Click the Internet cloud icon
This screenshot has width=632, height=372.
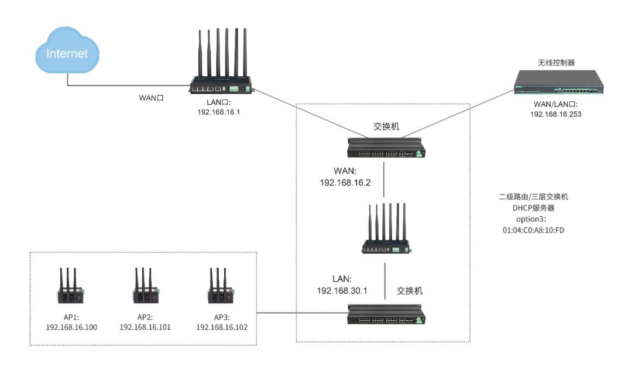pos(67,54)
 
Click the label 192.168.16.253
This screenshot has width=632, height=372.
pos(555,115)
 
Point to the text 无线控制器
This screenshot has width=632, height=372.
pos(557,62)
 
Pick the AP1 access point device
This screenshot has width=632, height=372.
pos(70,288)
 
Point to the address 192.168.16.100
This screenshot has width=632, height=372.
pos(71,327)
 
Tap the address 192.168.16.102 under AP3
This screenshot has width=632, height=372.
pos(222,327)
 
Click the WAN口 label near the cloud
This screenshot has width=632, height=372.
pos(150,98)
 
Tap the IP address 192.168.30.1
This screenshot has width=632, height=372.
pos(342,291)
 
